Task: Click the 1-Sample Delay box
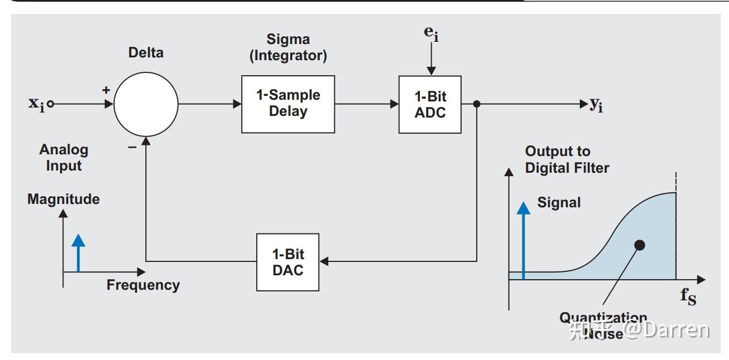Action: click(288, 104)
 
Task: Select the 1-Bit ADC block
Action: click(430, 104)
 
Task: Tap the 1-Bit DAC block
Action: click(288, 262)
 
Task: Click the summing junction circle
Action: click(146, 104)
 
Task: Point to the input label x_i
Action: click(36, 103)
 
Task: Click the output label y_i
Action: click(596, 104)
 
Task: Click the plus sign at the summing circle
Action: click(106, 90)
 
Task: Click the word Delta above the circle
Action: click(146, 53)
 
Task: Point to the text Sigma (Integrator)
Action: click(288, 47)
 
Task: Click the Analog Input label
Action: click(63, 158)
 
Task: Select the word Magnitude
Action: click(63, 199)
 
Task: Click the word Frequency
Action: click(143, 285)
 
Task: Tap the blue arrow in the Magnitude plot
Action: click(79, 254)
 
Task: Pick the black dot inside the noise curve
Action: click(640, 245)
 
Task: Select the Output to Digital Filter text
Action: click(567, 159)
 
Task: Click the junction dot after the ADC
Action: click(477, 104)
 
